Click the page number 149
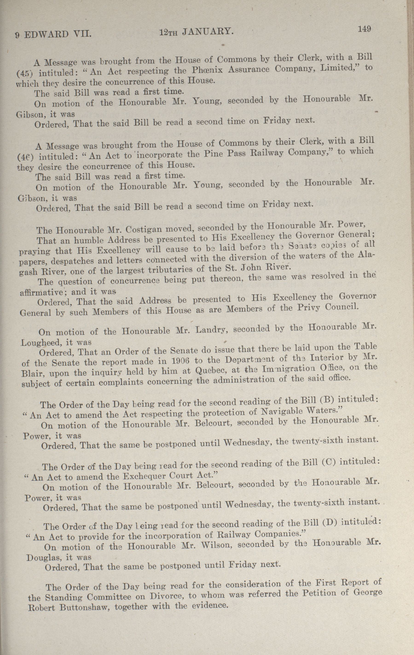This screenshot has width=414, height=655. click(365, 29)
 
